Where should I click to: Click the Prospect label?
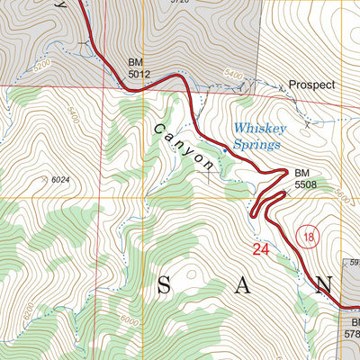point(311,85)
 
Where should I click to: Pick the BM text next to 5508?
point(304,172)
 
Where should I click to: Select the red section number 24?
point(261,249)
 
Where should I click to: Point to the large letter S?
point(164,286)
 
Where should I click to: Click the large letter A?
point(245,286)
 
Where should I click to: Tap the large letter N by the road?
point(325,286)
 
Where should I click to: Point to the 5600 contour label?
point(339,193)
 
